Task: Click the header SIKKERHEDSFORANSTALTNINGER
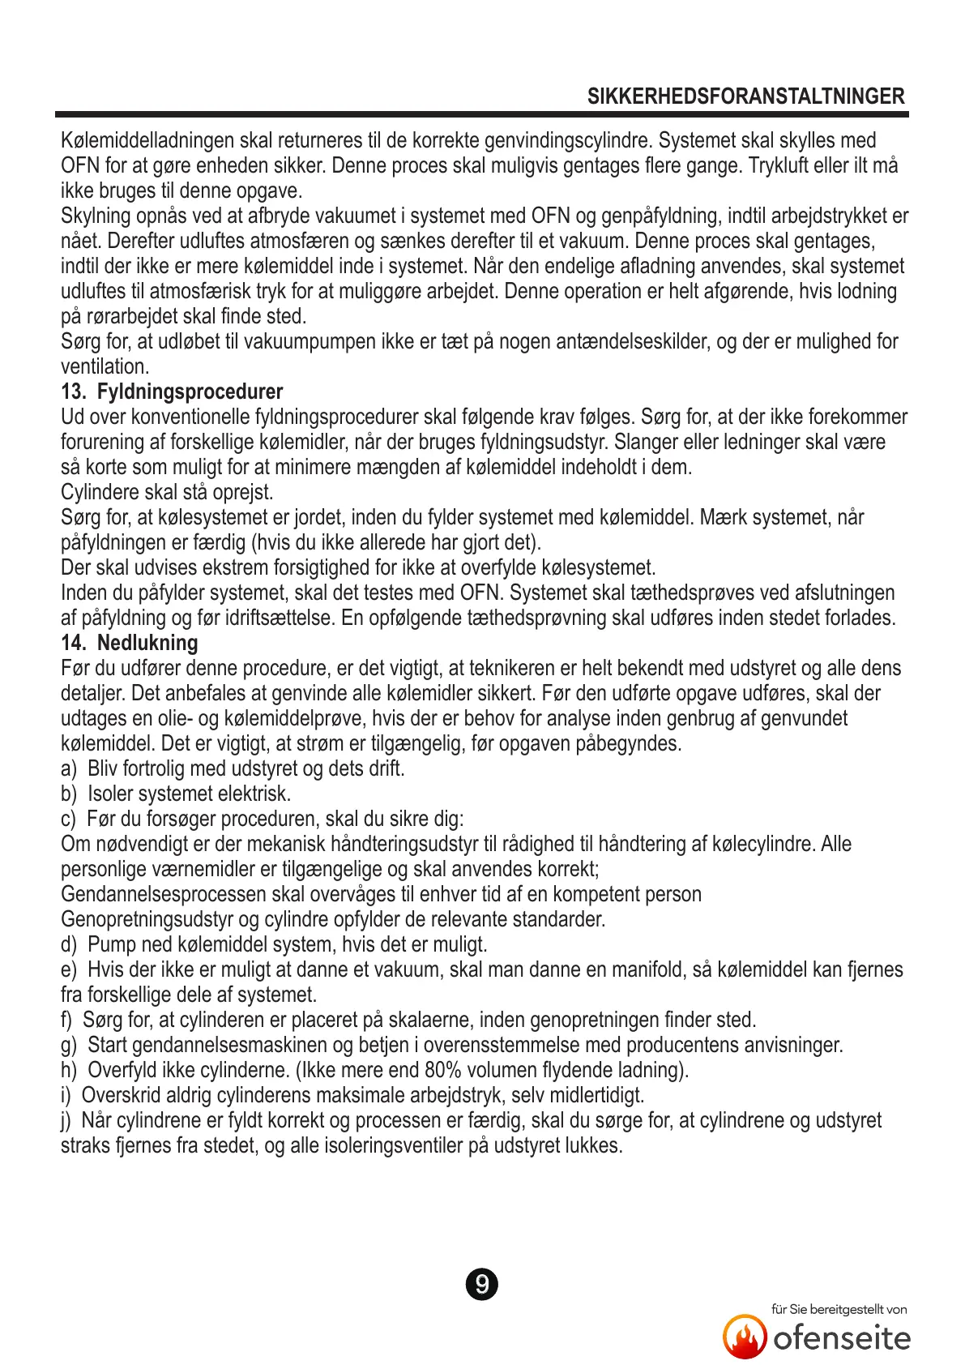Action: tap(745, 96)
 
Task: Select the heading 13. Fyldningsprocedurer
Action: tap(172, 392)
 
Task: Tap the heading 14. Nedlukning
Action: tap(129, 644)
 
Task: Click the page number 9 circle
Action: tap(482, 1285)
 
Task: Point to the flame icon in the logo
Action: tap(744, 1337)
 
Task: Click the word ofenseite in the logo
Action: tap(842, 1338)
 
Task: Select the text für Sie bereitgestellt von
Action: tap(839, 1309)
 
